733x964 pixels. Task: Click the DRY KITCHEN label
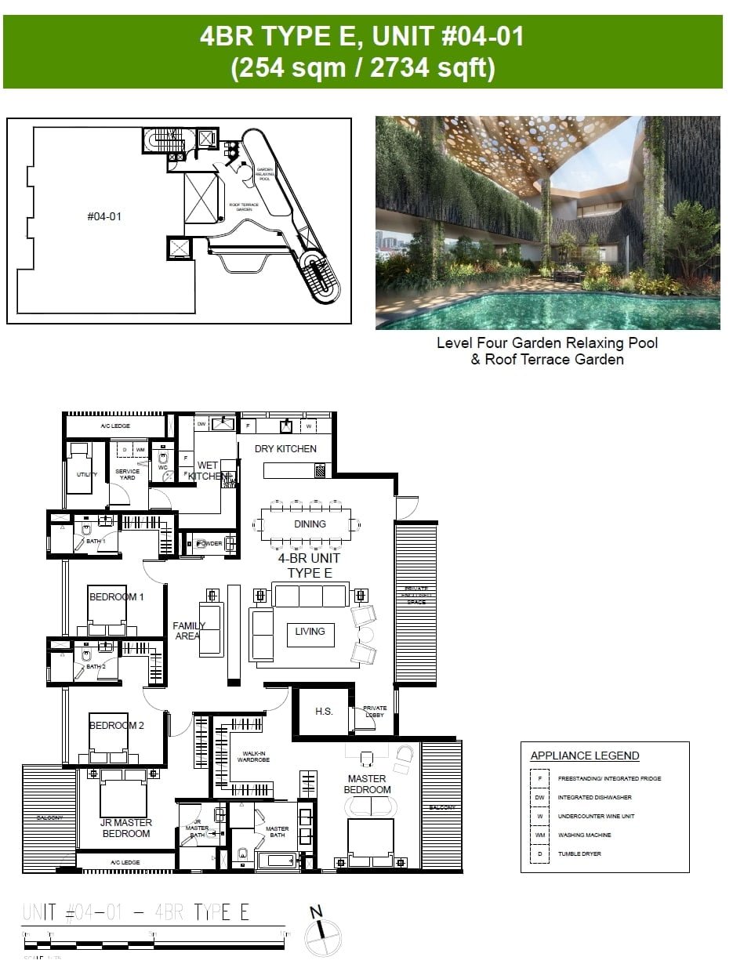coord(285,449)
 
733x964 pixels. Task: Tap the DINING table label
coord(310,524)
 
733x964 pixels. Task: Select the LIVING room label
coord(310,631)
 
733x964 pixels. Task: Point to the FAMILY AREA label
coord(189,631)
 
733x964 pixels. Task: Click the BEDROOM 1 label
coord(117,597)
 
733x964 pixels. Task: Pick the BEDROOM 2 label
coord(117,726)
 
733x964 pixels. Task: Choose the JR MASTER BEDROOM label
coord(126,828)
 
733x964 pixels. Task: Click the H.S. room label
coord(324,712)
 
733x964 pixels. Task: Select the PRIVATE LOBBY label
coord(375,712)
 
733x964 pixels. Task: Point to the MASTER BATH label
coord(277,832)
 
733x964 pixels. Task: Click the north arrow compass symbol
coord(322,934)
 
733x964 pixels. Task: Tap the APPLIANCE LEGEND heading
coord(585,756)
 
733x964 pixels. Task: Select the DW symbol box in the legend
coord(539,797)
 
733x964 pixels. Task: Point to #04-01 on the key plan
coord(103,216)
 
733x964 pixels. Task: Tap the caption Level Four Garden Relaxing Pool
coord(547,343)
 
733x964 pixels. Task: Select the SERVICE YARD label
coord(127,474)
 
